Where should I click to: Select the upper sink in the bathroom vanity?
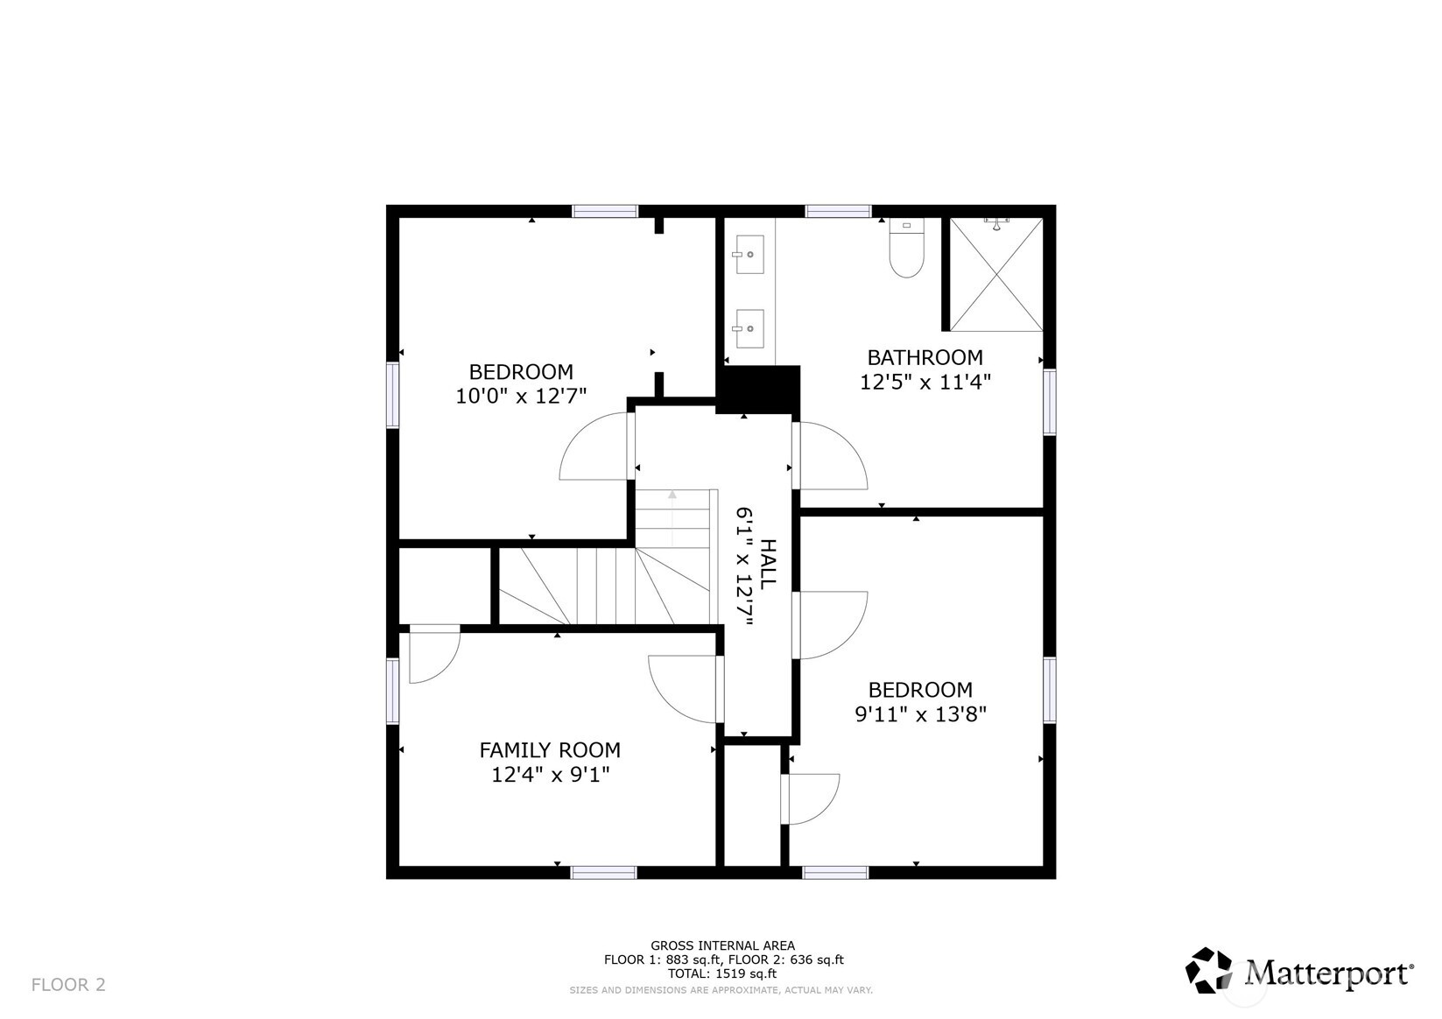[x=749, y=255]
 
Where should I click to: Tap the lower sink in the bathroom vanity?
[x=749, y=329]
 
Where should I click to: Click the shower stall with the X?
[x=996, y=275]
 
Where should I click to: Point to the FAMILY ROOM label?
[x=550, y=750]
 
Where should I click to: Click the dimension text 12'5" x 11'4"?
[x=925, y=383]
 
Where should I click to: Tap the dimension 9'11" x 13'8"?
[x=920, y=714]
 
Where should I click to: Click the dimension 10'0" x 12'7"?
[x=521, y=397]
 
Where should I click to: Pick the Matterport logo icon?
[x=1209, y=970]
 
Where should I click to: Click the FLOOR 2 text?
[x=68, y=985]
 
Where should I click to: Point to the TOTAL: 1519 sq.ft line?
[x=722, y=973]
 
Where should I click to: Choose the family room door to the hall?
[x=684, y=690]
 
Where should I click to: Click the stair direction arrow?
[x=672, y=495]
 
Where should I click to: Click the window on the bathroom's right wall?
[x=1049, y=402]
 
